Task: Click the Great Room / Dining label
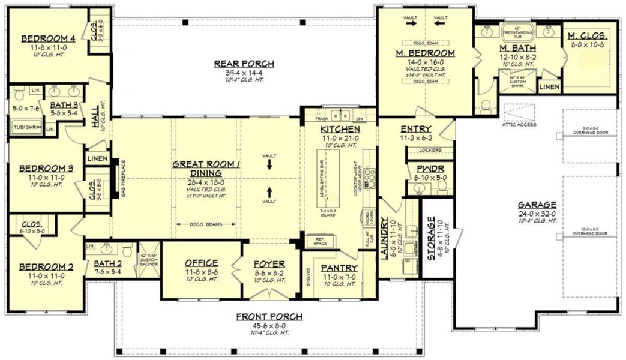(197, 168)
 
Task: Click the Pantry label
(339, 268)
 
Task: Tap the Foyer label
(269, 264)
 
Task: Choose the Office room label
(201, 263)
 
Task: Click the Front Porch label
(268, 317)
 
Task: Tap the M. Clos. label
(589, 35)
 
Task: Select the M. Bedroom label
(425, 53)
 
